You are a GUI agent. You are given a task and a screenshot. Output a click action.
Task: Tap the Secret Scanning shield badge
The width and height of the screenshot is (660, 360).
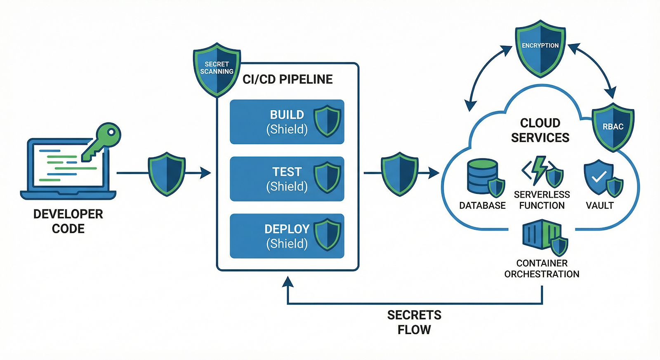(x=217, y=69)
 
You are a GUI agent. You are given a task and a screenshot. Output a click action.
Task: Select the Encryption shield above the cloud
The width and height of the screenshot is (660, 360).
(x=540, y=47)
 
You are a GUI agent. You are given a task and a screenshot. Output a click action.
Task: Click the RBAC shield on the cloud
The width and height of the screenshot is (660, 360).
(x=613, y=127)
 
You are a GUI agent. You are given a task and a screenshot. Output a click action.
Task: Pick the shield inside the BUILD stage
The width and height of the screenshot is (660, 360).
(x=327, y=121)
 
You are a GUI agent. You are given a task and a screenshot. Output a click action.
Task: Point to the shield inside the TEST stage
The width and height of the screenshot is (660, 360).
(x=327, y=178)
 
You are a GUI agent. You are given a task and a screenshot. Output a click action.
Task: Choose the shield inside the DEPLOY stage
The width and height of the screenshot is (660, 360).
(x=327, y=235)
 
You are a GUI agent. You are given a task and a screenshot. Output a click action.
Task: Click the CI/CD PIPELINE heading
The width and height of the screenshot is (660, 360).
(x=288, y=79)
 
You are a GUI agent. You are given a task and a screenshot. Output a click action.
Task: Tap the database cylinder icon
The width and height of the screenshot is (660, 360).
(x=482, y=176)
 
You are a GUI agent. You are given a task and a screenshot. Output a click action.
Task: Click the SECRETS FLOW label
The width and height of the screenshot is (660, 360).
(x=414, y=322)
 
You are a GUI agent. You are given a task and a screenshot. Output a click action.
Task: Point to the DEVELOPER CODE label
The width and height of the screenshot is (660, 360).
(x=68, y=221)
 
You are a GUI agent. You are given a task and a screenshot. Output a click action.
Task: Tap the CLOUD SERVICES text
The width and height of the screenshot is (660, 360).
(x=540, y=130)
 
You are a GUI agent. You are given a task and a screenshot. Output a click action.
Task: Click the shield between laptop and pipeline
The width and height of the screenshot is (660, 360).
(x=167, y=174)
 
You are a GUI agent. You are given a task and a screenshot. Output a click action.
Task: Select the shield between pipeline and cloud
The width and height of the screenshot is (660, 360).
(x=399, y=174)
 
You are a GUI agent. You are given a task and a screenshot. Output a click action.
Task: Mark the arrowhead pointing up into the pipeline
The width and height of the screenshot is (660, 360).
(x=288, y=282)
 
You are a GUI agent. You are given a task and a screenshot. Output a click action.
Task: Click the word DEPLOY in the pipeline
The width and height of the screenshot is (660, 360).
(x=287, y=229)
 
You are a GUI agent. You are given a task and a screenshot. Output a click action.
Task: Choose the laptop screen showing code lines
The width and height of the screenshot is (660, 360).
(x=68, y=165)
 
